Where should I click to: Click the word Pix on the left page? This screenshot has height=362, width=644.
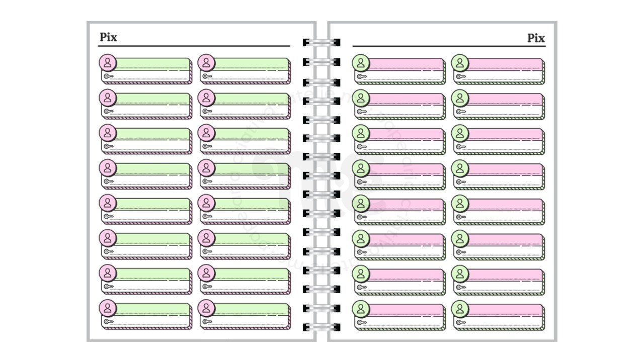point(108,37)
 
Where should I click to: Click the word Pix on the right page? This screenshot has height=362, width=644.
point(536,38)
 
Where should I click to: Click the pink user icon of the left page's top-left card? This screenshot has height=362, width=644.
point(108,62)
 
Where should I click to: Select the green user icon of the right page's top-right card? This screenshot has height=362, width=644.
point(459,63)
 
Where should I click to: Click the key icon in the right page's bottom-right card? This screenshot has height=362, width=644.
point(460,322)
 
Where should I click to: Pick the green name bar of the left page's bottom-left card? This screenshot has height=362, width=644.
point(153,308)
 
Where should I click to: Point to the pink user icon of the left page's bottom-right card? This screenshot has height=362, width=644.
point(206,308)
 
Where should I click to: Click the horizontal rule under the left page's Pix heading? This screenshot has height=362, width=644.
point(194,46)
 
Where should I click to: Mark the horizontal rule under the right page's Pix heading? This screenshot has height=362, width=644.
point(449,47)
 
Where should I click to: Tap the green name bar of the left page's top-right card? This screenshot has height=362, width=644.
point(252,63)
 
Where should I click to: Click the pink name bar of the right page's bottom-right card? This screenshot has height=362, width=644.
point(505,309)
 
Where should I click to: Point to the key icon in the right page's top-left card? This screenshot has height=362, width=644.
point(361,77)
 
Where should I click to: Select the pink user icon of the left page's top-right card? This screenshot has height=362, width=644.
point(206,62)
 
